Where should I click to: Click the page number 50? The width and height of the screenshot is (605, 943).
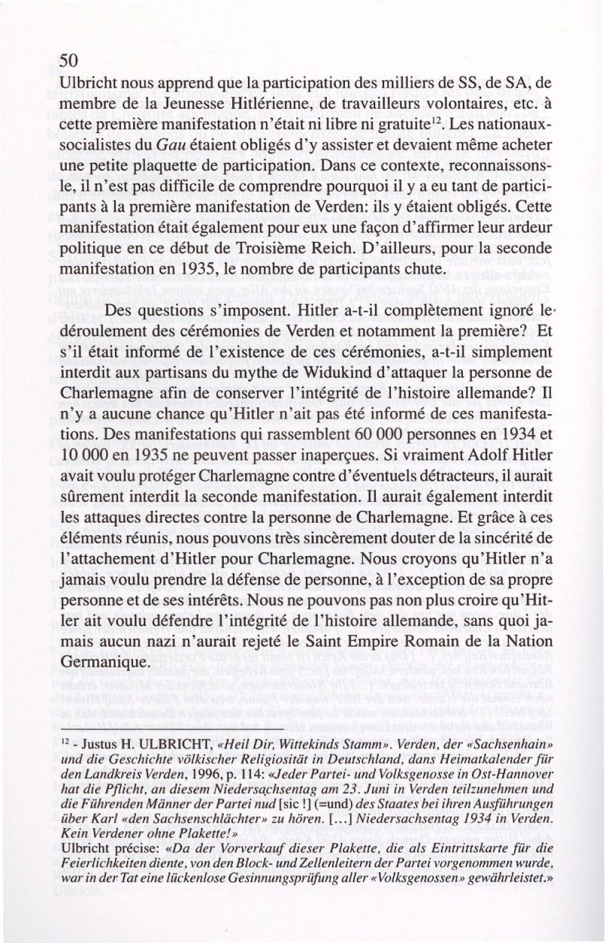coord(69,60)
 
